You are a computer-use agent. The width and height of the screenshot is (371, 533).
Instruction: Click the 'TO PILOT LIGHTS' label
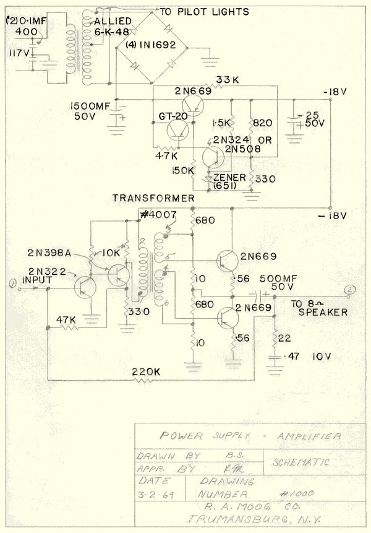(204, 11)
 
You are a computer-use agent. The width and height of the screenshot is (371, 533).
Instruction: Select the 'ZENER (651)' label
(229, 181)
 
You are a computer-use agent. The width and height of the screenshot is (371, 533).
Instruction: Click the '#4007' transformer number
(159, 214)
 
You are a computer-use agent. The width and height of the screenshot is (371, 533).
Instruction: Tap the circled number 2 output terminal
(351, 288)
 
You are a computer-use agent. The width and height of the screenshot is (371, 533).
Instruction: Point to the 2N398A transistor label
(49, 254)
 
